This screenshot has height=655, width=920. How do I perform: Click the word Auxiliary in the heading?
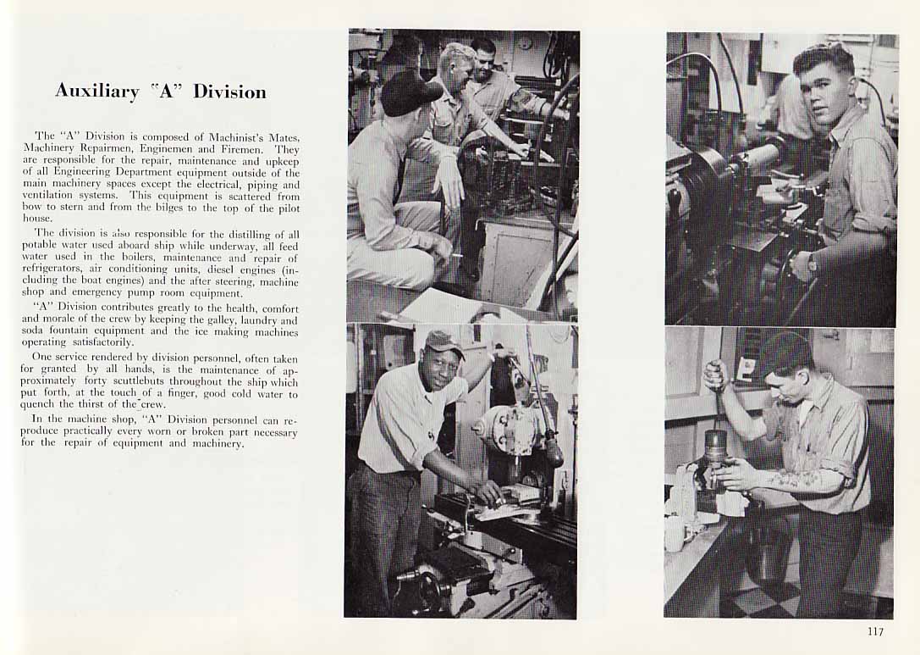click(96, 92)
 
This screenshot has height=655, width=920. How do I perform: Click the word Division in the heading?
click(229, 91)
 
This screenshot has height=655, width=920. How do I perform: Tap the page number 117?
click(875, 631)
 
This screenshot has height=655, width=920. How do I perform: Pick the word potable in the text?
click(37, 247)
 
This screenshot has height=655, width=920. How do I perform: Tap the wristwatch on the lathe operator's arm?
click(811, 263)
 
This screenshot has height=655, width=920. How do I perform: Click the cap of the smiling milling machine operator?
click(444, 342)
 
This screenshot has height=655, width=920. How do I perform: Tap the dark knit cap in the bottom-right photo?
click(785, 354)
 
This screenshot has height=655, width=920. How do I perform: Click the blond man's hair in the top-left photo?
click(455, 55)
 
